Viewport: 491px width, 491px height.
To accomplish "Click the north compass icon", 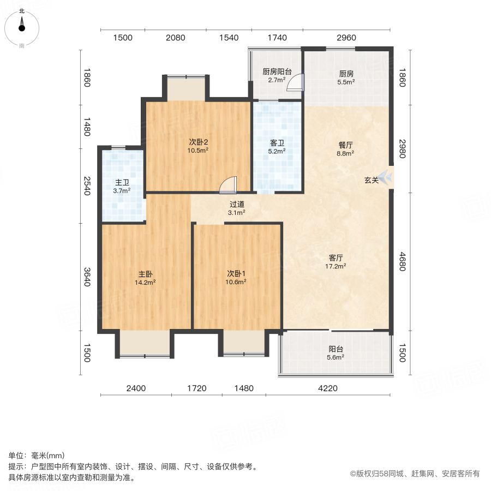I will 22,25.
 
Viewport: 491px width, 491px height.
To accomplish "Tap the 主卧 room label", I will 146,274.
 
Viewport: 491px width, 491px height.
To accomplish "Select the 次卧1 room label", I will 237,274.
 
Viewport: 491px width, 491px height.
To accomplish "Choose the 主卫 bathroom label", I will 122,183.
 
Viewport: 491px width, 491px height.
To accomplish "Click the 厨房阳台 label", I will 277,71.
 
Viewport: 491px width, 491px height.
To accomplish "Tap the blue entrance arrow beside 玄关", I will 386,177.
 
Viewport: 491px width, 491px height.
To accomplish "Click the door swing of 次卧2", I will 227,185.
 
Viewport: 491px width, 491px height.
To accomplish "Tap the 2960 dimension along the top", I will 346,38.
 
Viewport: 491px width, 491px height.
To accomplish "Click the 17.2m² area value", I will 337,266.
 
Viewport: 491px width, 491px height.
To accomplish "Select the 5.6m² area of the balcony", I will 336,357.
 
